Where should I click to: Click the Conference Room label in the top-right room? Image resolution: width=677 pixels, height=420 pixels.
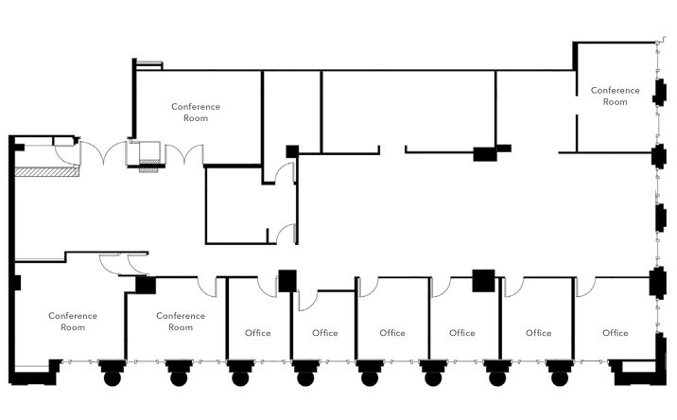point(615,96)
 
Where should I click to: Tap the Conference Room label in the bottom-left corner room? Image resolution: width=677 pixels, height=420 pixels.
point(73,322)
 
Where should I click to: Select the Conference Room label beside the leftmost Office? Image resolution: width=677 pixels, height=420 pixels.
point(181,322)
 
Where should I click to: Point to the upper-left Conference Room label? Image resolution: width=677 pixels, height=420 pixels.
point(196,113)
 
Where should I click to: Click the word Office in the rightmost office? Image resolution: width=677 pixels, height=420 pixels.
point(615,333)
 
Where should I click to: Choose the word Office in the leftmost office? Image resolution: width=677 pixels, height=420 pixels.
point(258,333)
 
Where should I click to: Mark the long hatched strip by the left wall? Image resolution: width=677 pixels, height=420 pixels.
point(47,171)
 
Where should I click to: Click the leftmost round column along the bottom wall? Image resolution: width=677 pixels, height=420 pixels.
point(113,378)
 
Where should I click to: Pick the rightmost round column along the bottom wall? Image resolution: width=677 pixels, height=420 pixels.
point(560,378)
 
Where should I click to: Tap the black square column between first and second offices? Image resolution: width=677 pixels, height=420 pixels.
point(287,281)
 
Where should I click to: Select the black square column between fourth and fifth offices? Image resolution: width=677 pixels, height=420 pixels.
point(483,280)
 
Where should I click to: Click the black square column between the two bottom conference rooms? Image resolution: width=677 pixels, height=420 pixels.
point(146,285)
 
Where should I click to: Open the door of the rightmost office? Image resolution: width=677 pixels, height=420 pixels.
point(585,287)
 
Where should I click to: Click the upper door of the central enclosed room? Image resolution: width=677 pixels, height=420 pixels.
point(286,173)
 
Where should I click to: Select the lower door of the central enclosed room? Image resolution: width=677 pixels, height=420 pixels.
point(286,234)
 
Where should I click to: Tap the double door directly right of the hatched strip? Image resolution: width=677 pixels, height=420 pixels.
point(103,153)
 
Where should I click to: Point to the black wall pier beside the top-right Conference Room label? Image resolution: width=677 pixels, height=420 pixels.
point(659,93)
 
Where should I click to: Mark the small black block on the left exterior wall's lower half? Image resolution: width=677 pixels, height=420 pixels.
point(16,283)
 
